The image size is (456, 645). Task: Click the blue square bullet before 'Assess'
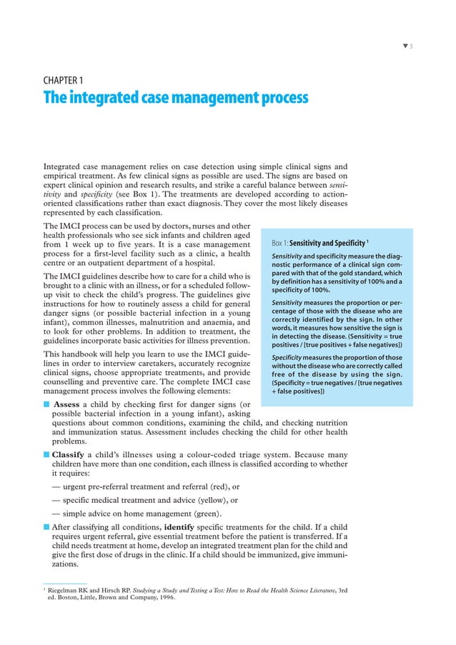tap(46, 404)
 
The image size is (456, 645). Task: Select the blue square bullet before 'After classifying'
tap(46, 527)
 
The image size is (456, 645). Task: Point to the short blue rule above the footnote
tap(64, 582)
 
